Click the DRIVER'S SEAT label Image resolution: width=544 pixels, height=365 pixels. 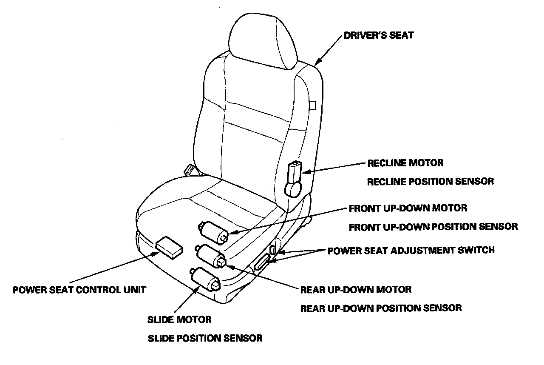[x=378, y=35]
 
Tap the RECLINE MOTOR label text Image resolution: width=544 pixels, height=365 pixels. [x=405, y=163]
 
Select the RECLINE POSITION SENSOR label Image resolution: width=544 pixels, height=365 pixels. [x=430, y=182]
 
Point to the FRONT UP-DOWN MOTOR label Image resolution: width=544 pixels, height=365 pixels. [x=408, y=208]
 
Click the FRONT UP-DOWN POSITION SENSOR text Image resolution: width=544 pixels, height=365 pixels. [x=433, y=227]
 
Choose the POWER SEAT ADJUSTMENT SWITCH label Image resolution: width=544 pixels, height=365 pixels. [x=411, y=250]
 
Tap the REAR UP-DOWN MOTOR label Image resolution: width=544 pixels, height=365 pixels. [x=356, y=290]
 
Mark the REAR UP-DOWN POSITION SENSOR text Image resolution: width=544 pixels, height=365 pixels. [x=381, y=308]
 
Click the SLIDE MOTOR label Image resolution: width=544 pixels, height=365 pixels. [x=179, y=319]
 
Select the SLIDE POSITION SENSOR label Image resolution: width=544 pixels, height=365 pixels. [x=204, y=339]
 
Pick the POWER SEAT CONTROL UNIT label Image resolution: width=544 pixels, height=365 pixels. [x=79, y=290]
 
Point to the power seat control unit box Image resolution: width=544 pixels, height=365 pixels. [x=170, y=248]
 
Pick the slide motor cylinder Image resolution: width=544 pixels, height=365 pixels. [x=206, y=279]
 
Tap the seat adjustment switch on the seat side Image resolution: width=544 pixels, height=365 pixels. [x=264, y=262]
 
